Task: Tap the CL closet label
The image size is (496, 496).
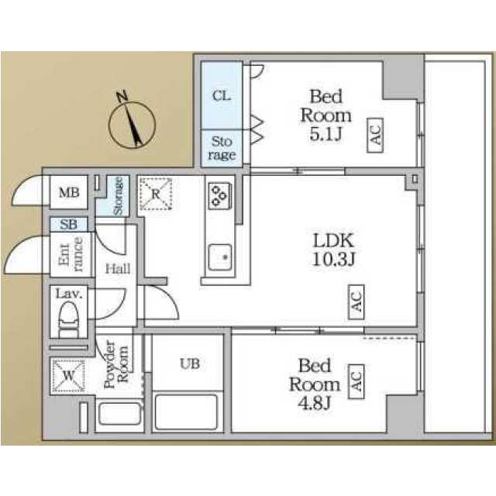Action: pos(222,95)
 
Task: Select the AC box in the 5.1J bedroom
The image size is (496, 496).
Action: pos(375,136)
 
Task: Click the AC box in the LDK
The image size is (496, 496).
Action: pos(356,301)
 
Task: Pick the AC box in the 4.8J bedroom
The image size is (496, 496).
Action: pos(356,381)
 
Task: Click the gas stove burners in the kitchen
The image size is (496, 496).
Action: pos(219,196)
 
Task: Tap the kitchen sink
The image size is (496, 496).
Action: pos(219,257)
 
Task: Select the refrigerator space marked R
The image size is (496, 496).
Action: pos(156,194)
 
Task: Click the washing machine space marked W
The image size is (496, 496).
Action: pos(68,376)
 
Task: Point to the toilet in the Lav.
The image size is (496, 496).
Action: pos(68,319)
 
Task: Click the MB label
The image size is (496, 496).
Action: pos(69,192)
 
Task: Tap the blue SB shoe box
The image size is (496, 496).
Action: pos(69,224)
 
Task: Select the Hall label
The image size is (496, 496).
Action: pos(118,269)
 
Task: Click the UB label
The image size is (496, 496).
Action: pos(190,363)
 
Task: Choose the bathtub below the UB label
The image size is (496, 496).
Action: pos(186,412)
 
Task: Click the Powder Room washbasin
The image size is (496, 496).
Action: pos(119,413)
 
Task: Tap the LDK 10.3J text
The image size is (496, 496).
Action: pos(334,250)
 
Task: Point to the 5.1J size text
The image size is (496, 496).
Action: pos(325,135)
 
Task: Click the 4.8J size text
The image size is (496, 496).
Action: pos(314,403)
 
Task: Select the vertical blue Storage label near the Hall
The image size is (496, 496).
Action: pos(118,196)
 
